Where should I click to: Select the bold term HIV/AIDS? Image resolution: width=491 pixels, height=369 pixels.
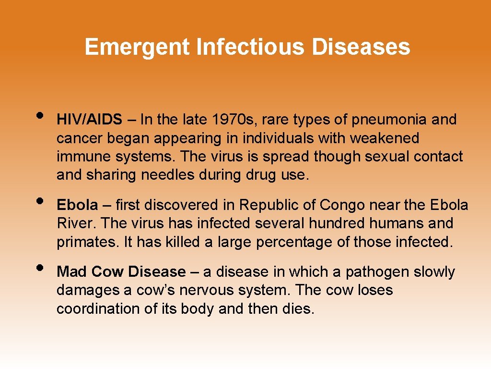coord(90,120)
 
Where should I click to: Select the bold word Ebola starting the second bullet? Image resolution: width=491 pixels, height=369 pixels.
coord(77,205)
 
